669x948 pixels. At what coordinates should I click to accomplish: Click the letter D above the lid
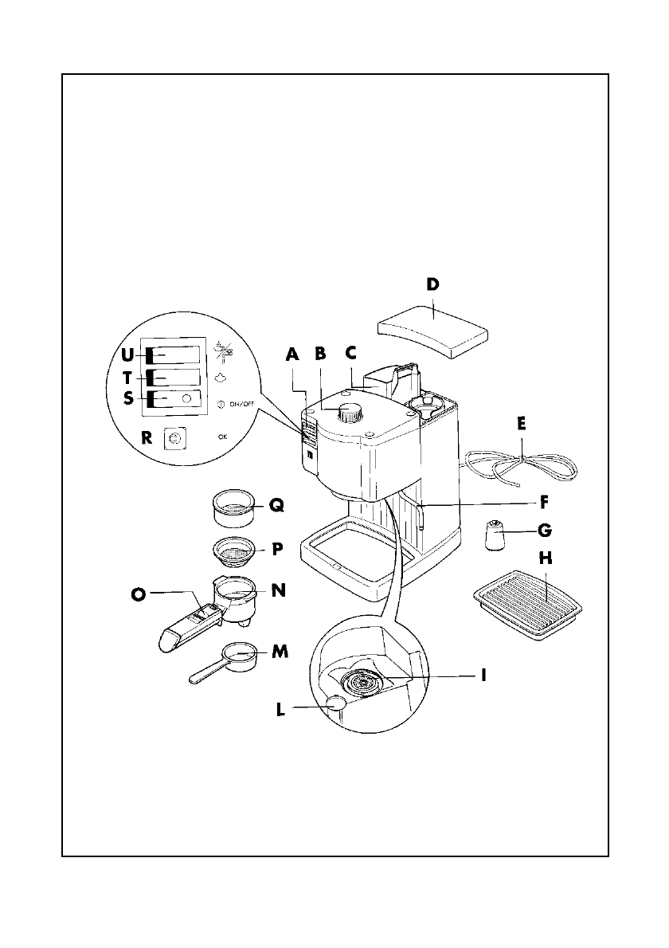pos(432,284)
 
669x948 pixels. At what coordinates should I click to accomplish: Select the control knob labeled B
pos(349,413)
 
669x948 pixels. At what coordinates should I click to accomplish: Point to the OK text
pos(222,437)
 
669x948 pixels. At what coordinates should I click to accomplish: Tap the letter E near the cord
pos(521,424)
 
